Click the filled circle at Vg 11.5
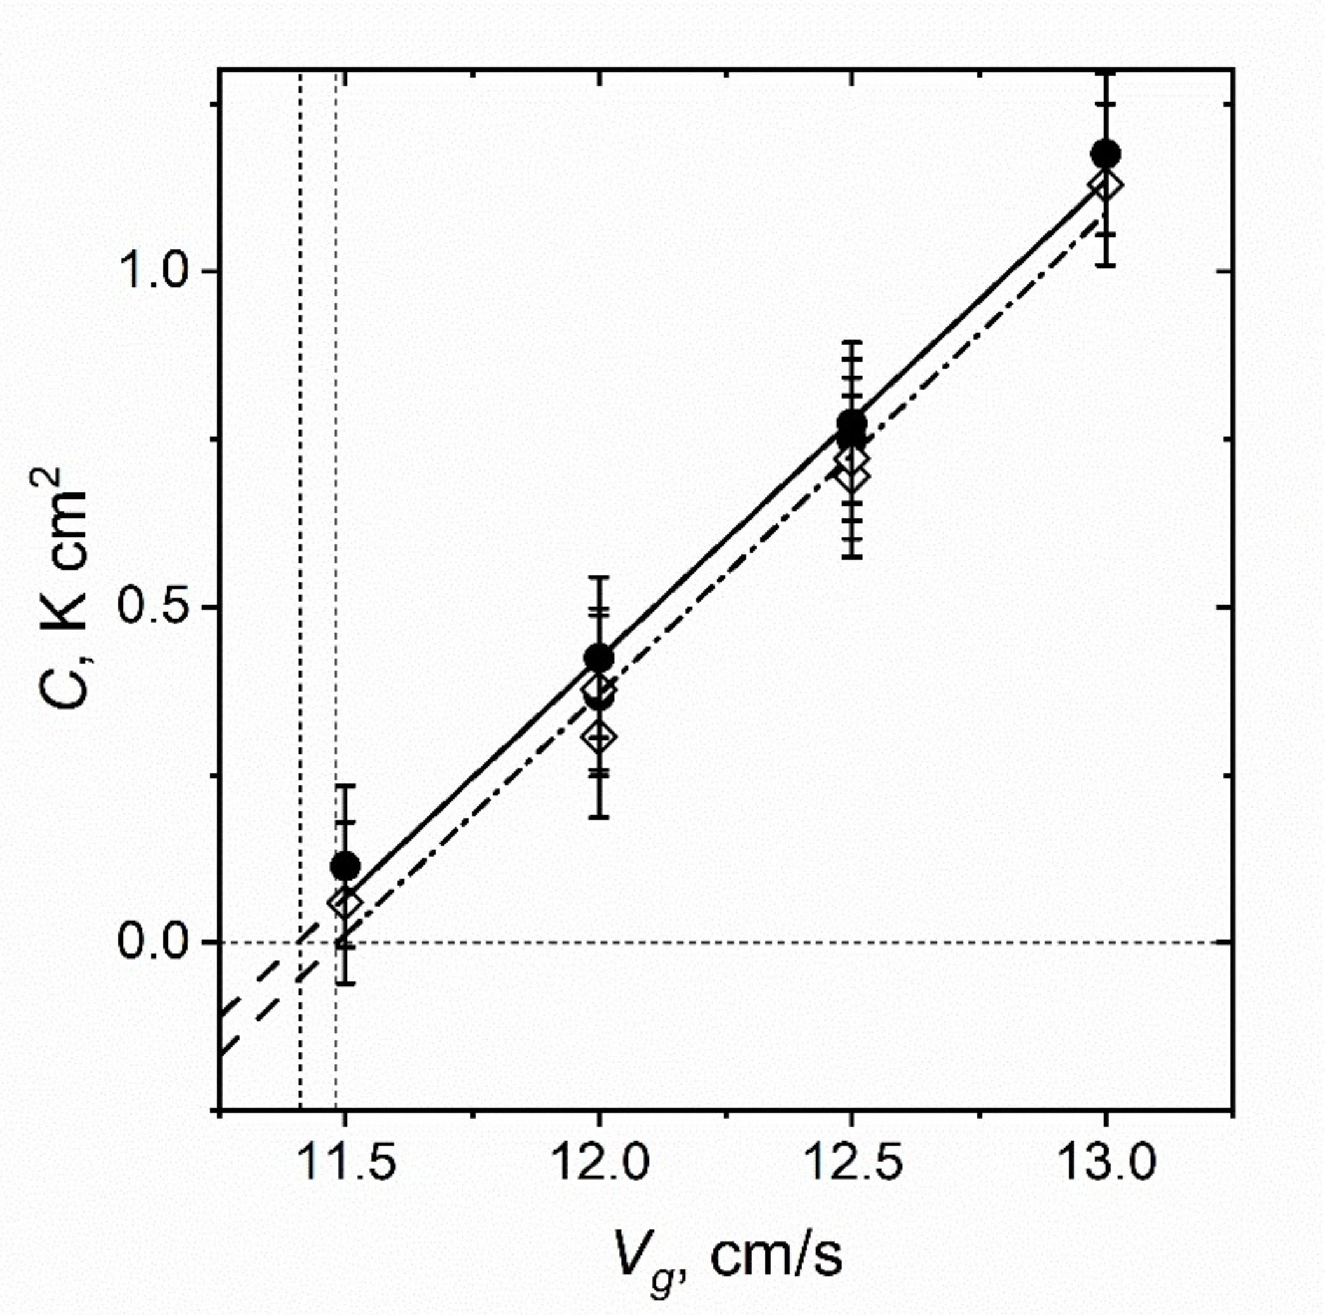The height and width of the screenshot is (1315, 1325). tap(345, 865)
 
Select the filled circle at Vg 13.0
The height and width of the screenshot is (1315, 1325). tap(1106, 153)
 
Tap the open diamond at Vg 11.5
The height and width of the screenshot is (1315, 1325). tap(345, 904)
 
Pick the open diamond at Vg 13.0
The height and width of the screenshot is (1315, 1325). tap(1106, 184)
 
